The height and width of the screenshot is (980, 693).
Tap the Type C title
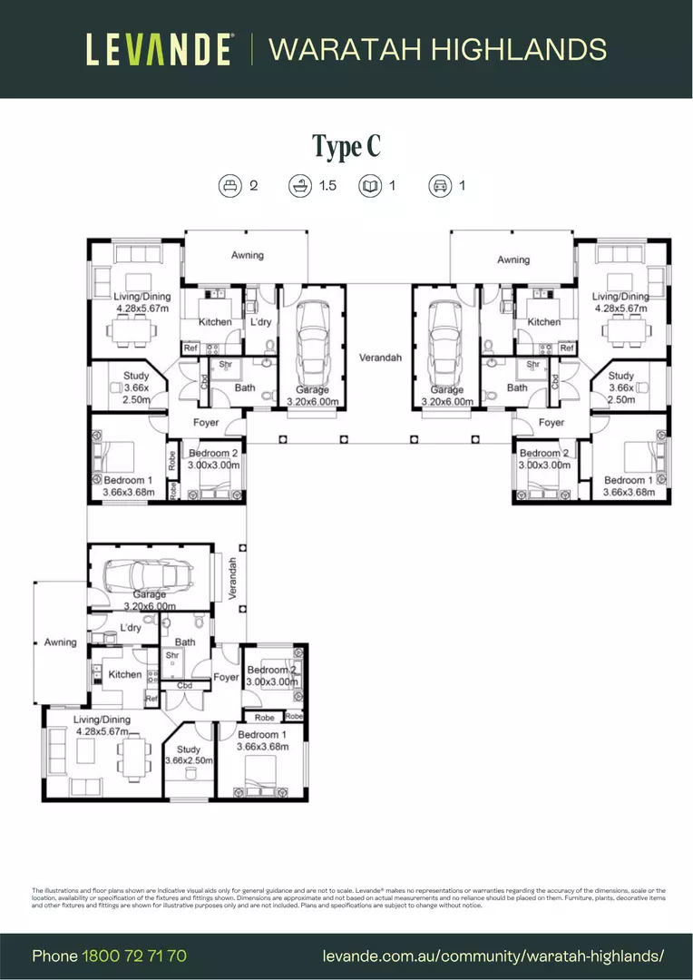(x=346, y=146)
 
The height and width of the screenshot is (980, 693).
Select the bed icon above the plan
(x=230, y=186)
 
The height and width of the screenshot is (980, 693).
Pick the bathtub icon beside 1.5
(x=299, y=186)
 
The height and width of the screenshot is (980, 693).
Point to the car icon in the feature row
(x=441, y=186)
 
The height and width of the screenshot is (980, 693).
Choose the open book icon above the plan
(x=369, y=186)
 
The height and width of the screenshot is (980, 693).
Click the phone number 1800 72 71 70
(x=134, y=955)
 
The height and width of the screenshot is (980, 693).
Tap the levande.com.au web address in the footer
(x=493, y=955)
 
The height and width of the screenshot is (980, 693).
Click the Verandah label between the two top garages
(x=379, y=358)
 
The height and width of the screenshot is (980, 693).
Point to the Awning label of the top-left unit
(x=247, y=256)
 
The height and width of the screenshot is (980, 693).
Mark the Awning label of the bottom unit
(x=61, y=642)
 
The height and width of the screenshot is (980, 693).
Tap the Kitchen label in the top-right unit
(x=544, y=322)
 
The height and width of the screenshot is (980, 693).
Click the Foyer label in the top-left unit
(x=206, y=422)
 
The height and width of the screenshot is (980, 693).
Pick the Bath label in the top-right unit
(x=517, y=387)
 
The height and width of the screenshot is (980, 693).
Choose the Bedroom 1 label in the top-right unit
(x=628, y=480)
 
